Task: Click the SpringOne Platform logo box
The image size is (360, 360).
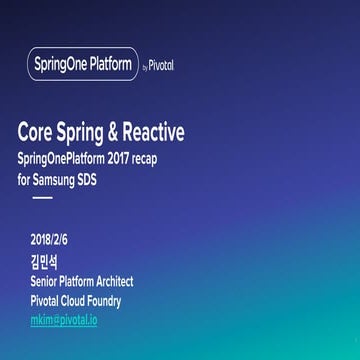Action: pyautogui.click(x=82, y=65)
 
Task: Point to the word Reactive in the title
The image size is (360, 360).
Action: pyautogui.click(x=153, y=133)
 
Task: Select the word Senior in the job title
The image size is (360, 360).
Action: pyautogui.click(x=45, y=282)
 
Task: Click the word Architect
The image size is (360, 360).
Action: pyautogui.click(x=111, y=282)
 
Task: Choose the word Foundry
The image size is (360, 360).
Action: pyautogui.click(x=103, y=301)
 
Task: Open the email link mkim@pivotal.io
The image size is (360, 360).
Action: pyautogui.click(x=64, y=320)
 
